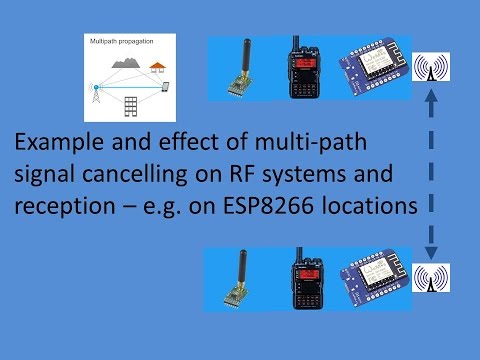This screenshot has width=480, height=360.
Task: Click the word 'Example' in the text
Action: (57, 142)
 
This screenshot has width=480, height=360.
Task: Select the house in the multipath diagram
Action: (157, 67)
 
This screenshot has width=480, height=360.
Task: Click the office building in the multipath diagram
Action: (130, 106)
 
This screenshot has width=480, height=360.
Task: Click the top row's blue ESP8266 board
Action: (373, 71)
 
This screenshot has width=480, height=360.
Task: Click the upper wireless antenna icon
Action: (432, 68)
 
